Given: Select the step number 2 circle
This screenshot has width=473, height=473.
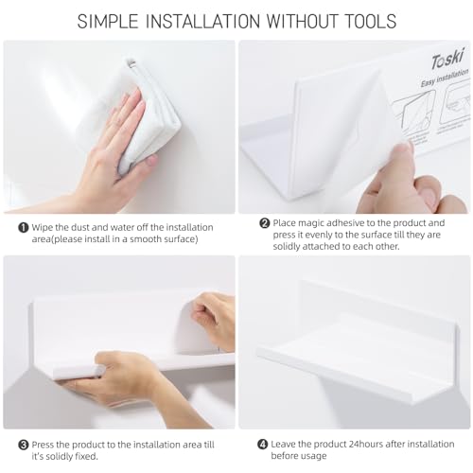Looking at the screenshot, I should click(265, 223).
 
